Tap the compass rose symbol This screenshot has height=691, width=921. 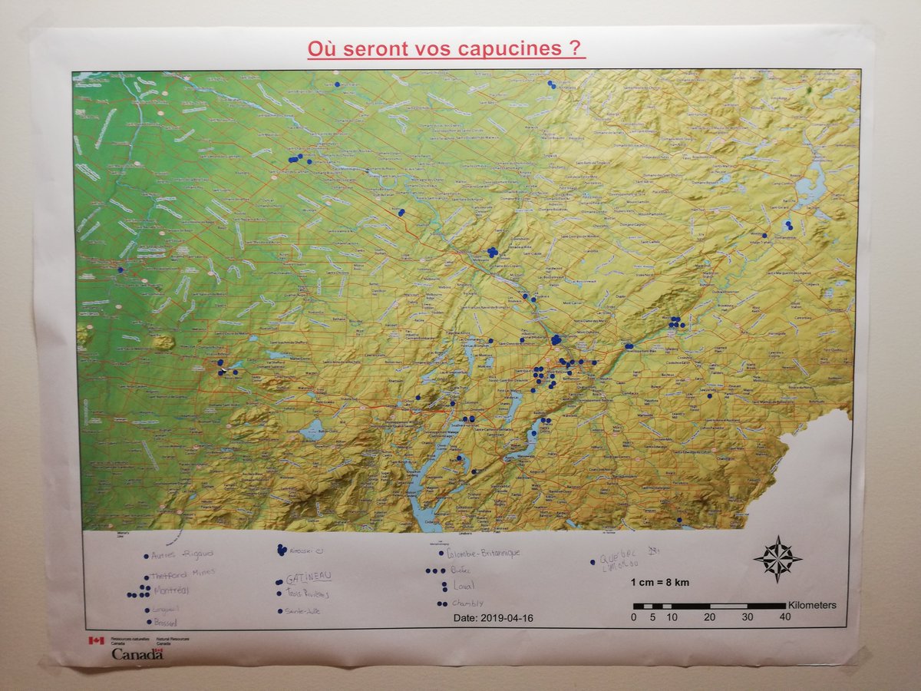pyautogui.click(x=777, y=558)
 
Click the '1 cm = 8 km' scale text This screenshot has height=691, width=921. pyautogui.click(x=660, y=583)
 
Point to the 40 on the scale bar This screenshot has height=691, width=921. pyautogui.click(x=784, y=617)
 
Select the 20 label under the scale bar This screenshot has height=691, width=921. pyautogui.click(x=709, y=617)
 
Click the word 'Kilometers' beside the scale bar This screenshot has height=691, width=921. pyautogui.click(x=812, y=605)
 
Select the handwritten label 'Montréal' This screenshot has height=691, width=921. pyautogui.click(x=172, y=591)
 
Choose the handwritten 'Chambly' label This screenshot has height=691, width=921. pyautogui.click(x=467, y=603)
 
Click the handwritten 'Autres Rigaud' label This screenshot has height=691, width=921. pyautogui.click(x=182, y=555)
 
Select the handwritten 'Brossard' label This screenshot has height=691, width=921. pyautogui.click(x=166, y=622)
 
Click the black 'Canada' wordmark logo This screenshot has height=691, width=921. pyautogui.click(x=137, y=654)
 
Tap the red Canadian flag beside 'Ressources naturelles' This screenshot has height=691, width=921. pyautogui.click(x=95, y=640)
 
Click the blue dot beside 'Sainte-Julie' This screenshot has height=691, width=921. pyautogui.click(x=279, y=612)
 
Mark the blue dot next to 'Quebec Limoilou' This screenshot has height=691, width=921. pyautogui.click(x=593, y=562)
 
